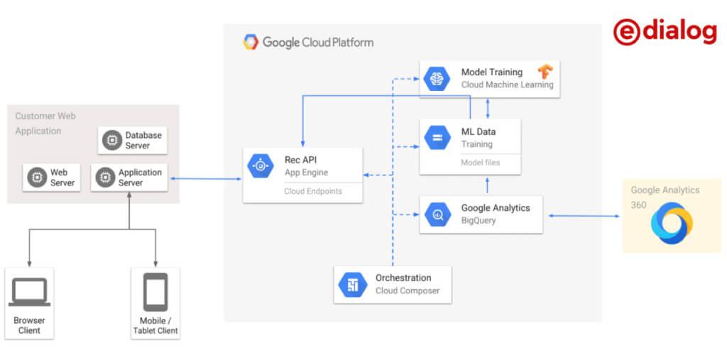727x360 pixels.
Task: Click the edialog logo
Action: point(665,32)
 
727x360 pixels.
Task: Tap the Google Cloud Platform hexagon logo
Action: point(251,42)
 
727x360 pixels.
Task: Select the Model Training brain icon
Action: point(437,78)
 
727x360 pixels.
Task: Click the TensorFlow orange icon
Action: point(545,72)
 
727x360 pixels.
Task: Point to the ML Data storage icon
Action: point(437,138)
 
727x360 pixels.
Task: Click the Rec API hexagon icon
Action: point(261,166)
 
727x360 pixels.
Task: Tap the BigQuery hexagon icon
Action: point(437,214)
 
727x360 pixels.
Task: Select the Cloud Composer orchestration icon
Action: point(352,284)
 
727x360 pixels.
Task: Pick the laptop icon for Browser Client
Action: point(29,292)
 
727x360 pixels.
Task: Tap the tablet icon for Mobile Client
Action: point(155,292)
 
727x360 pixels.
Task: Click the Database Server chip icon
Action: point(111,141)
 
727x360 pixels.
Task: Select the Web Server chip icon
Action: point(37,178)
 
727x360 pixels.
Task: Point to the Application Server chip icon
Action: point(105,178)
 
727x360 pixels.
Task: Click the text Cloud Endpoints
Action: point(312,191)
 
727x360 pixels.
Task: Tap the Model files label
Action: point(480,163)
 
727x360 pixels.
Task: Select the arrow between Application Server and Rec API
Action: point(205,179)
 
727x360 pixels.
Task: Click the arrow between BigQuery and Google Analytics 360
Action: point(583,215)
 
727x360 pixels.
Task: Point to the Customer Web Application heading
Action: point(45,123)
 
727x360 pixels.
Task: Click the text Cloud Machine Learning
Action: point(507,84)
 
